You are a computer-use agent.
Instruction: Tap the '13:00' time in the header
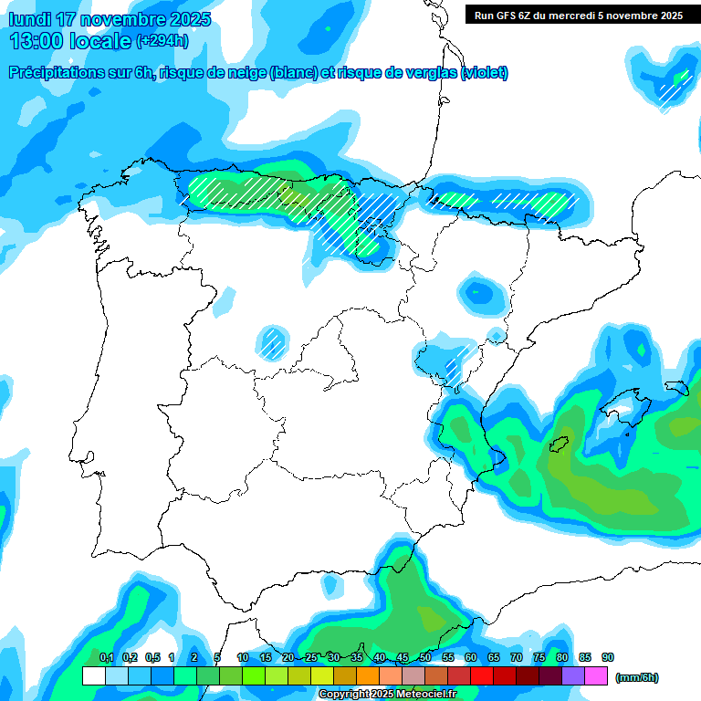pyautogui.click(x=37, y=40)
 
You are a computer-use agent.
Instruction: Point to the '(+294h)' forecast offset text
pyautogui.click(x=162, y=41)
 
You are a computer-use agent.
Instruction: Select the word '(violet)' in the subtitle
pyautogui.click(x=485, y=73)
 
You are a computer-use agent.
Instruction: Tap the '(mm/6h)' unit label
pyautogui.click(x=636, y=677)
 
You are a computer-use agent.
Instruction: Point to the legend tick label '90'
pyautogui.click(x=608, y=657)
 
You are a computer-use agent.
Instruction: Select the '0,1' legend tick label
pyautogui.click(x=106, y=657)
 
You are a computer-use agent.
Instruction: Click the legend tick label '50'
pyautogui.click(x=425, y=657)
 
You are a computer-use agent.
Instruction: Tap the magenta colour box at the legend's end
pyautogui.click(x=596, y=676)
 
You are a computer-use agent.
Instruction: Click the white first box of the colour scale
pyautogui.click(x=93, y=676)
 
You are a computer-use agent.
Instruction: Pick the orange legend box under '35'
pyautogui.click(x=368, y=676)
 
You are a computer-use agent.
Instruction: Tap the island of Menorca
pyautogui.click(x=676, y=388)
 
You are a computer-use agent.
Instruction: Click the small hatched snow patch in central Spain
pyautogui.click(x=271, y=342)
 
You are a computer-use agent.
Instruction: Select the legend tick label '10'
pyautogui.click(x=242, y=657)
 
